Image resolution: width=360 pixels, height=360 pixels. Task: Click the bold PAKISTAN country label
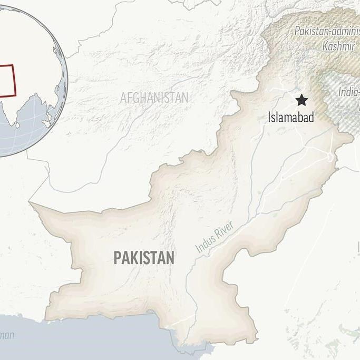(144, 258)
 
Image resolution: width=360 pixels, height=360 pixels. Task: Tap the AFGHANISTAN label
(154, 98)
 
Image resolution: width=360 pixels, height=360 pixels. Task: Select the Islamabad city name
(290, 117)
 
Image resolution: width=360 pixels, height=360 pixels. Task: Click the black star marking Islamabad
(301, 100)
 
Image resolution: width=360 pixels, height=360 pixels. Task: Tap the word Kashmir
(338, 46)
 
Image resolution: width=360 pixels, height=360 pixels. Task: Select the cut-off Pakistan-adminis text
(327, 31)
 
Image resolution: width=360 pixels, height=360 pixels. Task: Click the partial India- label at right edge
(348, 92)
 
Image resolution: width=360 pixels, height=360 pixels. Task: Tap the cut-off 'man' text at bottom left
(7, 335)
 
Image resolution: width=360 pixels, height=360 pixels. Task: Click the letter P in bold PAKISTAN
(117, 258)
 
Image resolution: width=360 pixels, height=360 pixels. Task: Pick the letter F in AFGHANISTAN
(130, 98)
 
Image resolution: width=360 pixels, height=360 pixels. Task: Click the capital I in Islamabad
(269, 117)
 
